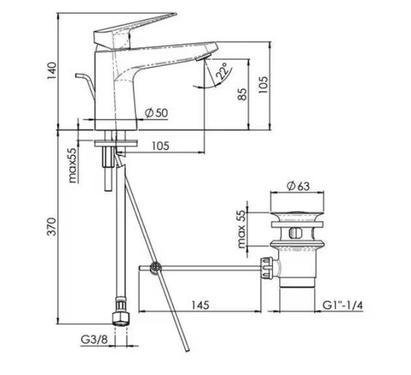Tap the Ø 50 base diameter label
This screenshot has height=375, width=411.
coord(156,113)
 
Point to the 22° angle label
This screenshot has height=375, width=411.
coord(221,71)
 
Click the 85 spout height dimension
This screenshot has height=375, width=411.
coord(242,93)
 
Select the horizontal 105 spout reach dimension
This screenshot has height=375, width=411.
coord(158,146)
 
